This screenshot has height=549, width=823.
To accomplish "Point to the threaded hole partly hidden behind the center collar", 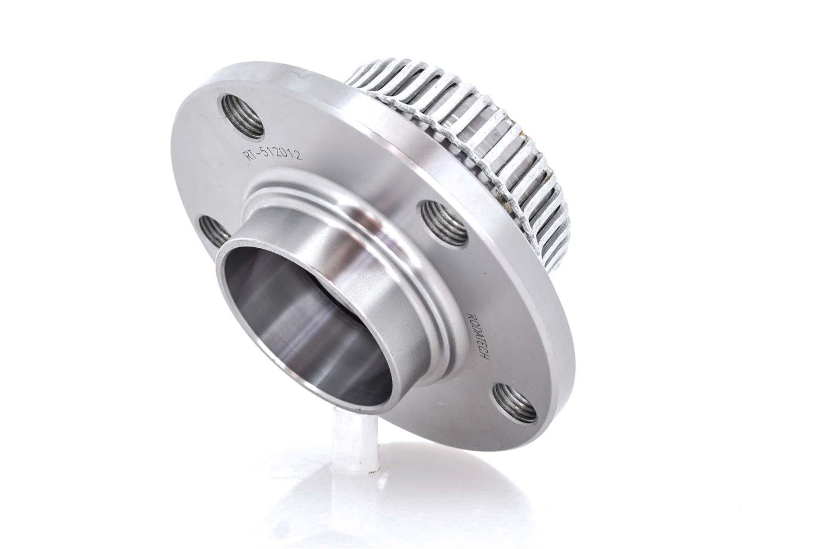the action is [212, 233].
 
